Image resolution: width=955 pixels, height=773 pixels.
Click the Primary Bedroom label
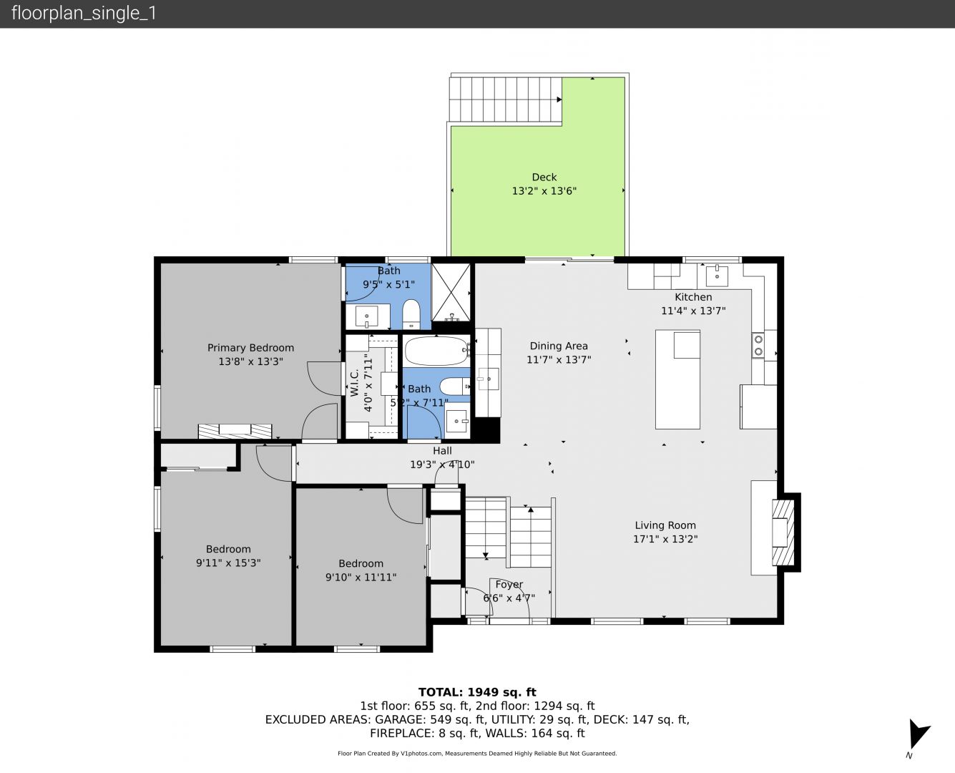click(250, 348)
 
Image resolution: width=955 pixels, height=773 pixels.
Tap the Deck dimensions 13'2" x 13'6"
click(544, 191)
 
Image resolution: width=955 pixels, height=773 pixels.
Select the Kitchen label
click(693, 297)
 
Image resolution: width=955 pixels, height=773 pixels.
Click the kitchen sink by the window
click(717, 275)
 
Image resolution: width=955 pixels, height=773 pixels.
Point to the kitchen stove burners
click(758, 346)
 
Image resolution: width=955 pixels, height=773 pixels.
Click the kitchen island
click(677, 379)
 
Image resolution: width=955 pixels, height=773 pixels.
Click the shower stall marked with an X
click(451, 292)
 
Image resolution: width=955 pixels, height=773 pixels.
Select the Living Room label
click(665, 525)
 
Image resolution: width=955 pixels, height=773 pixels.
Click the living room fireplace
click(783, 532)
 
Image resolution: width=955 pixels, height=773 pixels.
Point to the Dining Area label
click(559, 346)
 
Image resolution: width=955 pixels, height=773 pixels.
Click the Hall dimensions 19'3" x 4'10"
click(442, 465)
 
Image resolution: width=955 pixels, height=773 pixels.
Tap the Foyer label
click(509, 585)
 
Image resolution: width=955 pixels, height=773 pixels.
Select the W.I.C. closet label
click(354, 383)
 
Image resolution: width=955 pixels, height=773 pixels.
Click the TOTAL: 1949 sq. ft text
click(477, 692)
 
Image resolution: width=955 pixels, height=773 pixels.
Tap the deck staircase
click(505, 99)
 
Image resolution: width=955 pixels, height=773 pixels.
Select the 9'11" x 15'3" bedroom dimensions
click(228, 563)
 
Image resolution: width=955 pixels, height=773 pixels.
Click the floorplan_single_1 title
click(84, 14)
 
